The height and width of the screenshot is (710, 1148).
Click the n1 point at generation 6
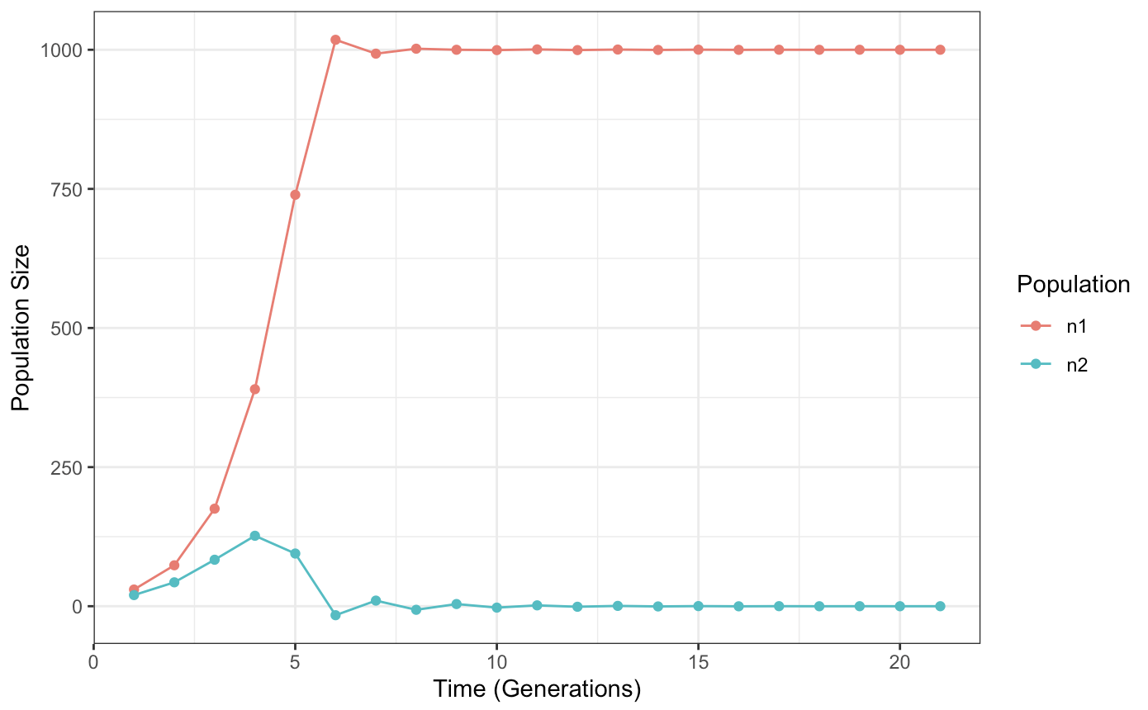pyautogui.click(x=335, y=40)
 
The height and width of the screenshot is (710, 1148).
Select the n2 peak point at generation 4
pyautogui.click(x=254, y=536)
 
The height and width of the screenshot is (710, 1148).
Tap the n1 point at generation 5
pyautogui.click(x=295, y=195)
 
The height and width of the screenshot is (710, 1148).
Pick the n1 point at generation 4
pyautogui.click(x=254, y=389)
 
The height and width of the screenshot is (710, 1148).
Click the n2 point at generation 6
pyautogui.click(x=335, y=615)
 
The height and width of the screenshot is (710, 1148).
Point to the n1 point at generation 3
pyautogui.click(x=215, y=509)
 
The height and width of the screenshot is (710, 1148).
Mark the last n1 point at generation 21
pyautogui.click(x=940, y=50)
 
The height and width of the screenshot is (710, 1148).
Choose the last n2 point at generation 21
pyautogui.click(x=940, y=606)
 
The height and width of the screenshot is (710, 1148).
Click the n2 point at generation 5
pyautogui.click(x=295, y=553)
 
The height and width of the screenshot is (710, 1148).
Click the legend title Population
pyautogui.click(x=1073, y=285)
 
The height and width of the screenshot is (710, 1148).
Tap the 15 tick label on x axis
pyautogui.click(x=699, y=664)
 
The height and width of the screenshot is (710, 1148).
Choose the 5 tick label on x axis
pyautogui.click(x=295, y=664)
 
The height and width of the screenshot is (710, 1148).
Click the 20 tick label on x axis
pyautogui.click(x=900, y=664)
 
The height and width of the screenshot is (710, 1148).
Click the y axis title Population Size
pyautogui.click(x=21, y=328)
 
